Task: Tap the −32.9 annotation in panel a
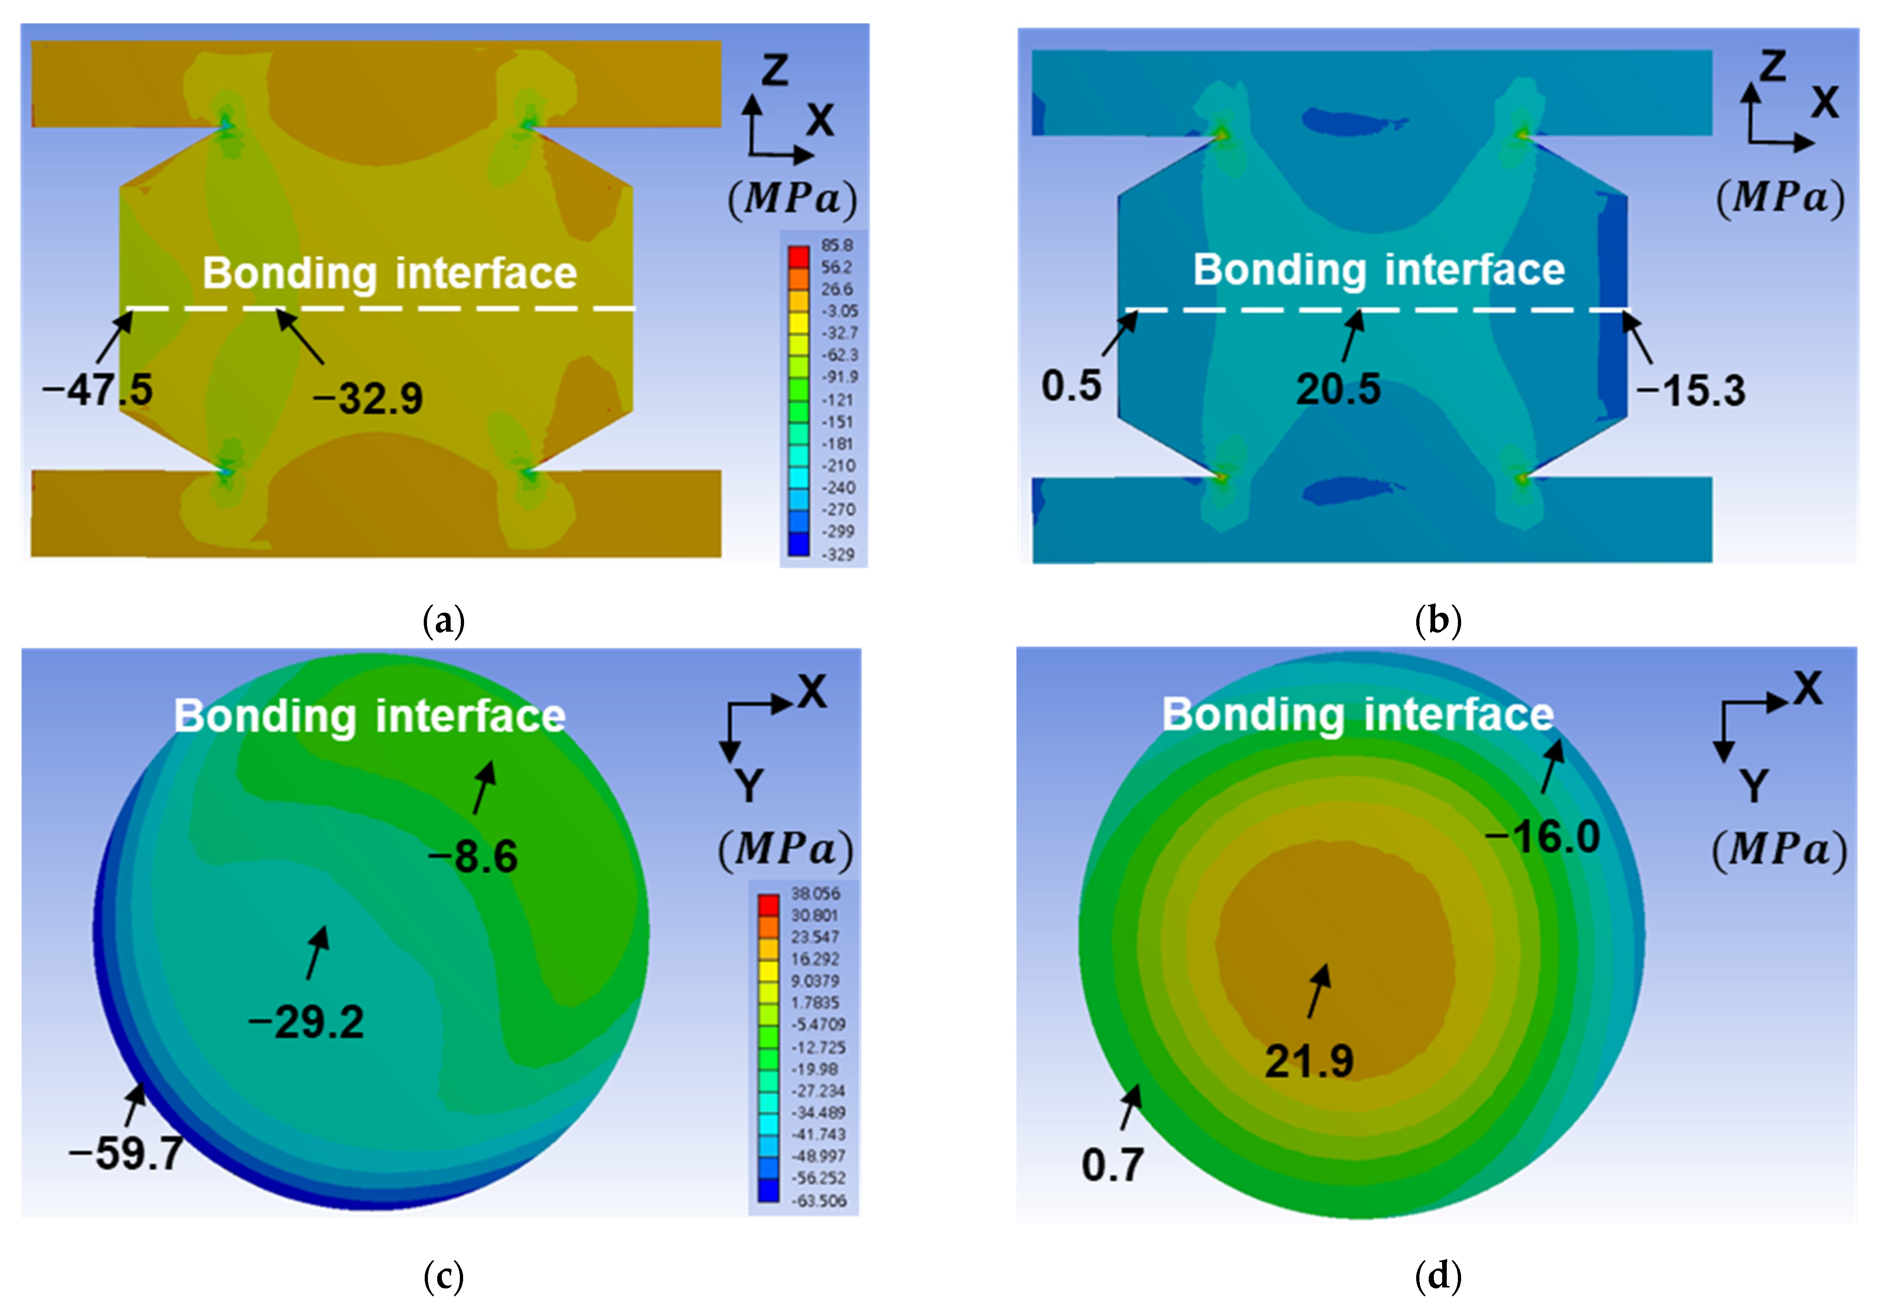[368, 399]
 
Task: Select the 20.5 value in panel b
[1338, 389]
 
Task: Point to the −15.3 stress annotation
[1691, 391]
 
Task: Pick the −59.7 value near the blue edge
[127, 1154]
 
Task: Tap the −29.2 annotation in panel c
[307, 1022]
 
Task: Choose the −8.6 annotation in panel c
[473, 857]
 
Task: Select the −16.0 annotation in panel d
[1543, 836]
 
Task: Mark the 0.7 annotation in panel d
[1112, 1164]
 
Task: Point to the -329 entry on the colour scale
[838, 554]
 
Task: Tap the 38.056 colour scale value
[815, 893]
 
